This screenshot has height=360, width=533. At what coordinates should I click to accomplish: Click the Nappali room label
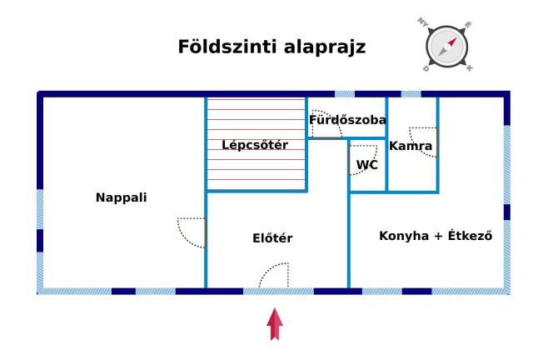[122, 197]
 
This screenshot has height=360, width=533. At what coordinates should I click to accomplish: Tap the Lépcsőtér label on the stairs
[255, 145]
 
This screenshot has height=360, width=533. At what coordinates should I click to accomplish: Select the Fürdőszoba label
[347, 120]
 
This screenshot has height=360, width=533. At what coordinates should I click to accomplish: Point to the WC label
[367, 165]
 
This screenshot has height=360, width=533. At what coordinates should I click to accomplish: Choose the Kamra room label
[411, 146]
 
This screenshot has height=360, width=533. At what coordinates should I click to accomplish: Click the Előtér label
[272, 238]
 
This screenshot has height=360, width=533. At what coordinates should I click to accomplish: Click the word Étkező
[470, 236]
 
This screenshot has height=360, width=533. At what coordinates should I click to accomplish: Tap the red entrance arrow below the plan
[275, 324]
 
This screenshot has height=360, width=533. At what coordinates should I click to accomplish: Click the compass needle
[447, 47]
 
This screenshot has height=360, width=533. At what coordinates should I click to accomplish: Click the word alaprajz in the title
[325, 47]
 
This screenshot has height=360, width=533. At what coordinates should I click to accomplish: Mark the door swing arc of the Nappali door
[192, 232]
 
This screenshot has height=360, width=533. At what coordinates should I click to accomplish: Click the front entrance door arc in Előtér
[274, 275]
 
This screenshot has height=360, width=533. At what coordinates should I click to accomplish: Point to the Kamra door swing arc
[423, 142]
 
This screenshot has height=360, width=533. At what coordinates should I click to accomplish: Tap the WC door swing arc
[363, 160]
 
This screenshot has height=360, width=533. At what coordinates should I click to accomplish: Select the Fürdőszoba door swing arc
[327, 124]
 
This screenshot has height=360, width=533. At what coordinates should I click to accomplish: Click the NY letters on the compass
[423, 22]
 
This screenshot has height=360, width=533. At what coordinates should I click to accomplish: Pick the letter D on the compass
[426, 68]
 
